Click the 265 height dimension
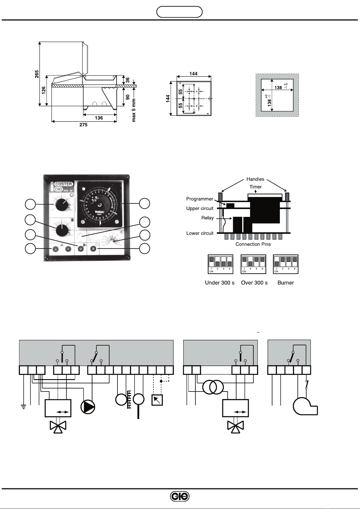coord(37,74)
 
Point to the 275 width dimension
coord(83,125)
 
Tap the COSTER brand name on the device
coord(63,184)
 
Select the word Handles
coord(255,179)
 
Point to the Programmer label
coord(200,199)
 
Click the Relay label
coord(207,218)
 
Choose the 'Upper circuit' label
coord(200,208)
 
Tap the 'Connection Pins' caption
coord(253,244)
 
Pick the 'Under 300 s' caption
coord(220,283)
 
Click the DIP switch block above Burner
coord(286,264)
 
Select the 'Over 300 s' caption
coord(254,283)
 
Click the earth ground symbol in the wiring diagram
coord(23,407)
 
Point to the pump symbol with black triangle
coord(88,407)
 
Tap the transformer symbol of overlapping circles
coord(213,387)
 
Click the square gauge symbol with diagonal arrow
coord(157,400)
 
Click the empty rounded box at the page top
coord(179,12)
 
